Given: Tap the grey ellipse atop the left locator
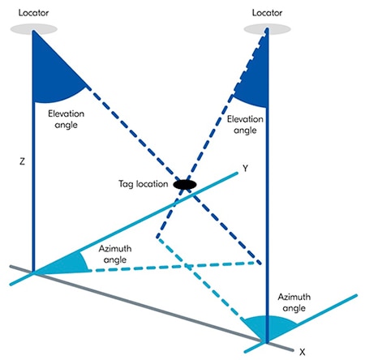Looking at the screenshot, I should (33, 29).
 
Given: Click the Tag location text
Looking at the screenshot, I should (142, 185).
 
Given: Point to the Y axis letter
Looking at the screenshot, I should (244, 169).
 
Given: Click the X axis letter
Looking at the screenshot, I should (301, 352).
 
